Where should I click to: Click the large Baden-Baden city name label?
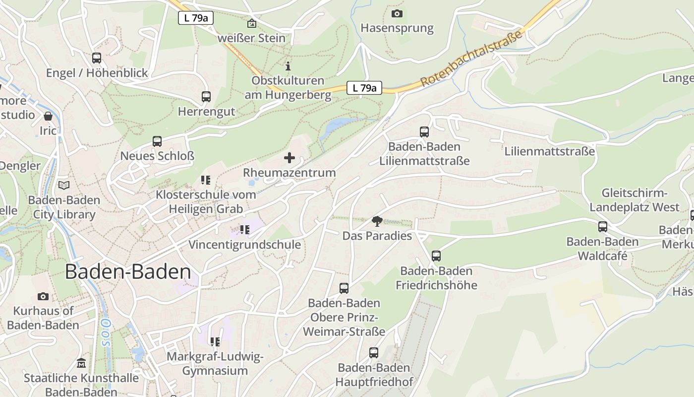(x=128, y=272)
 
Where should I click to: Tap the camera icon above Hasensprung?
(x=397, y=13)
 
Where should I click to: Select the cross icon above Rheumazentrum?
(x=289, y=158)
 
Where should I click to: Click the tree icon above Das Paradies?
(x=377, y=221)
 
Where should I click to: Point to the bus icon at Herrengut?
(x=206, y=97)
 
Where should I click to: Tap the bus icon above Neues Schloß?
(x=157, y=141)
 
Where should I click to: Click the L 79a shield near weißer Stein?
(x=196, y=18)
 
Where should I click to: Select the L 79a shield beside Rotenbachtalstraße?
(x=364, y=88)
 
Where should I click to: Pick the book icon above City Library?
(x=64, y=186)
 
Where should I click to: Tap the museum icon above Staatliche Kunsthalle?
(x=81, y=363)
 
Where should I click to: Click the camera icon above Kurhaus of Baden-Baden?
(x=43, y=296)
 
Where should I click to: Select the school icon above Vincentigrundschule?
(x=244, y=230)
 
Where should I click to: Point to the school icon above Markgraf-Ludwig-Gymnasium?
(x=215, y=342)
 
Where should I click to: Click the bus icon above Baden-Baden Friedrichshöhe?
(x=436, y=256)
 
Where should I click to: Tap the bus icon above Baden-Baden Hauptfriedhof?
(x=374, y=353)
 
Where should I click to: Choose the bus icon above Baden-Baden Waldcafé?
(x=603, y=227)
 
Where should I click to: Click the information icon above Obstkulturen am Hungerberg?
(x=288, y=66)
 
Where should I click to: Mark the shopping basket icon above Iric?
(x=48, y=117)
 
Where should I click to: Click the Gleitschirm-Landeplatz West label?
(x=635, y=200)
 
